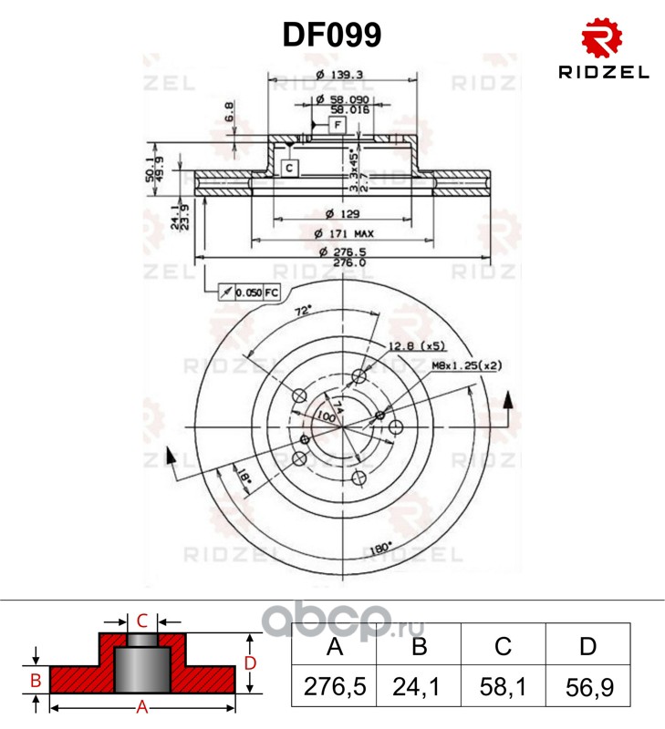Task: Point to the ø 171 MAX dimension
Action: pos(343,232)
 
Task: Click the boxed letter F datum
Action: pos(337,123)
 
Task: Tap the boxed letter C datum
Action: pos(287,168)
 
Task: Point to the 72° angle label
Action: pos(303,311)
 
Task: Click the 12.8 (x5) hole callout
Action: pos(416,346)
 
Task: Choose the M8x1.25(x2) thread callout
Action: pos(468,365)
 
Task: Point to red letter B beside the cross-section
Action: pos(35,680)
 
